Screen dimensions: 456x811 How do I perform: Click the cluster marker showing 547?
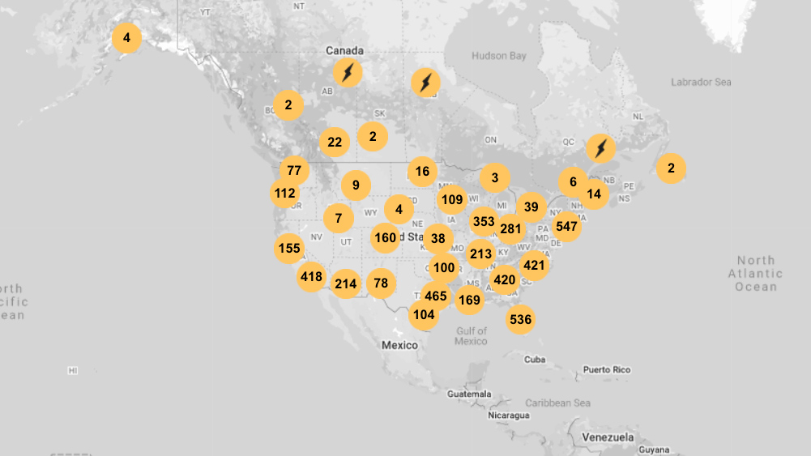point(567,227)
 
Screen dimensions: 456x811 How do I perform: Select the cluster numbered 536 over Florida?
point(520,320)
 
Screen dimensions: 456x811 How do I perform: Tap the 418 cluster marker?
point(311,277)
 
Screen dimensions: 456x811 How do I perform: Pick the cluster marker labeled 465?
point(436,296)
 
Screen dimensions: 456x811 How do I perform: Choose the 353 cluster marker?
point(484,221)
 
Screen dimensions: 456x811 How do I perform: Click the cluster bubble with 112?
point(284,194)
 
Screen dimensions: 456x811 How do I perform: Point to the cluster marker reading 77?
point(294,171)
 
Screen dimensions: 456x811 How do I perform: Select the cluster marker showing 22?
point(335,143)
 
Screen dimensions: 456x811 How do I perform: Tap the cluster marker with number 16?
point(422,171)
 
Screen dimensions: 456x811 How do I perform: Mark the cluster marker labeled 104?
point(424,314)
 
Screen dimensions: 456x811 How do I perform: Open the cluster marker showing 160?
point(386,238)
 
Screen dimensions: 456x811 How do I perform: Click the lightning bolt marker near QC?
point(600,148)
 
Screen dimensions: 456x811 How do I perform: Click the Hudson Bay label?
point(499,56)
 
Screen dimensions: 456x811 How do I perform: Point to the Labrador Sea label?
point(701,82)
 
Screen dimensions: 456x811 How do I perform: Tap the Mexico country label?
point(399,346)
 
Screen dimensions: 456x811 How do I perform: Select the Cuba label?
point(534,360)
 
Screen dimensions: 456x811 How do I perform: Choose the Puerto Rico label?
point(606,370)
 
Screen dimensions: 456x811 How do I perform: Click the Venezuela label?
point(608,437)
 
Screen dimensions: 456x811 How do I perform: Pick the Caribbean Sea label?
point(557,403)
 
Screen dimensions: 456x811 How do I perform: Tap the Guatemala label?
point(469,394)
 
